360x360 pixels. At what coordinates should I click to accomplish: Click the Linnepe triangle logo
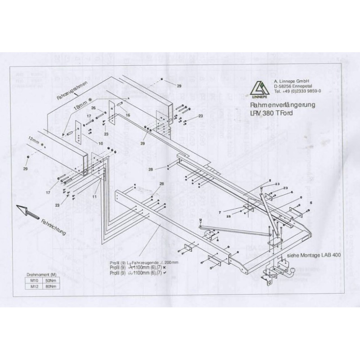coord(258,86)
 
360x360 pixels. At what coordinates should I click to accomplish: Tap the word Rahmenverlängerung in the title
coord(282,104)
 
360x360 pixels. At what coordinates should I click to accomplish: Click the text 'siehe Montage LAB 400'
coord(314,255)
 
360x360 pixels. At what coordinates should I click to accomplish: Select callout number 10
coord(101,144)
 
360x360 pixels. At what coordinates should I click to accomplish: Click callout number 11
coord(94,197)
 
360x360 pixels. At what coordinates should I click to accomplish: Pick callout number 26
coord(94,108)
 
